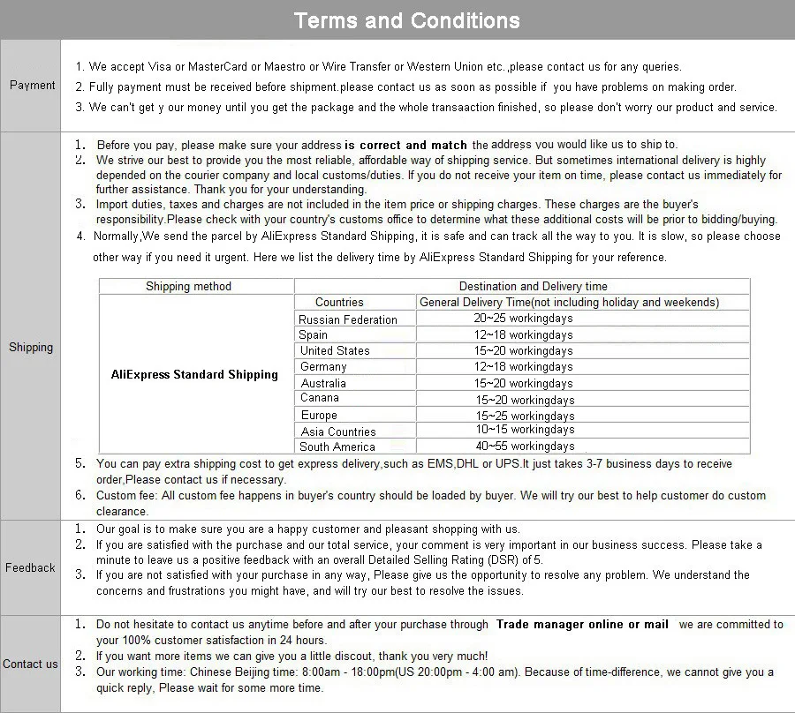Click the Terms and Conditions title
pyautogui.click(x=406, y=20)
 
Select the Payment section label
pyautogui.click(x=32, y=86)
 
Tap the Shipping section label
pyautogui.click(x=31, y=348)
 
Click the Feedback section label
pyautogui.click(x=30, y=568)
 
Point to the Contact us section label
pyautogui.click(x=30, y=664)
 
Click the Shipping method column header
pyautogui.click(x=188, y=286)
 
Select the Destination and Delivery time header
pyautogui.click(x=533, y=286)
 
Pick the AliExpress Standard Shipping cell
pyautogui.click(x=194, y=374)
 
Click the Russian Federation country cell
pyautogui.click(x=348, y=319)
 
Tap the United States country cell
pyautogui.click(x=335, y=351)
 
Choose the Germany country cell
pyautogui.click(x=323, y=367)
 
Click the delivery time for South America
pyautogui.click(x=524, y=447)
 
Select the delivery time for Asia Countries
pyautogui.click(x=524, y=430)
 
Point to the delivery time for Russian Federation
pyautogui.click(x=523, y=319)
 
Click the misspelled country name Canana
pyautogui.click(x=320, y=398)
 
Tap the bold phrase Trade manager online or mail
pyautogui.click(x=582, y=625)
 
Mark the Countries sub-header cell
pyautogui.click(x=339, y=303)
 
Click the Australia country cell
pyautogui.click(x=323, y=384)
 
